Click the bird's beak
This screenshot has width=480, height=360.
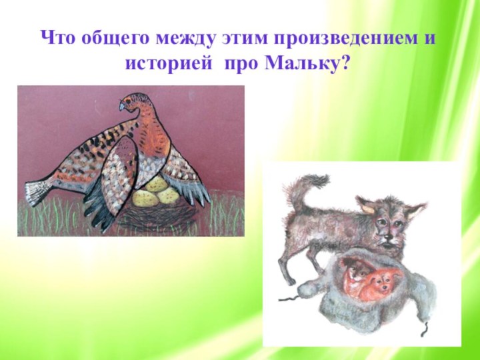122,105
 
